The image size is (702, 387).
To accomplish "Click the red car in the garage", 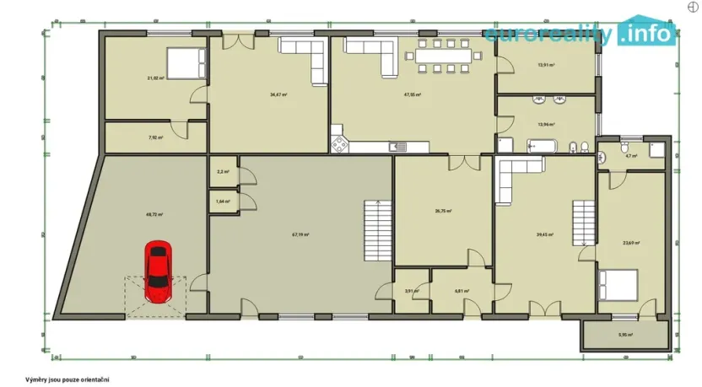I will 157,271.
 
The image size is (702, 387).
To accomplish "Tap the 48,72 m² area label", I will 154,215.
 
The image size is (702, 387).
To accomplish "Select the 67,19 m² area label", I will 300,235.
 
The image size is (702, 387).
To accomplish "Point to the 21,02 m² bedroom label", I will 155,78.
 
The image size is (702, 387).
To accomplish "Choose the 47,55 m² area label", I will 413,94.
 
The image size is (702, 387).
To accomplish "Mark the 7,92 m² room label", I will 156,137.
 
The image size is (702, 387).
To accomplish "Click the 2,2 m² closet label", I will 223,172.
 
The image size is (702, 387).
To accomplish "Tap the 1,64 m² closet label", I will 223,202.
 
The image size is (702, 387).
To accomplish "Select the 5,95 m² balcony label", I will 625,335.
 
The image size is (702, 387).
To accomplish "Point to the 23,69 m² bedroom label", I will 631,243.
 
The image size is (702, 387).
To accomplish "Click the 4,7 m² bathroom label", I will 630,156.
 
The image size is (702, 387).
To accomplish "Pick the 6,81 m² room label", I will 462,291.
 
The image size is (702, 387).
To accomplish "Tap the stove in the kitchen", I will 340,144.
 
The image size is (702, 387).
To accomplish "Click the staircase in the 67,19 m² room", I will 376,231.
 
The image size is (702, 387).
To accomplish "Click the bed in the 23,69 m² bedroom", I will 619,284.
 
